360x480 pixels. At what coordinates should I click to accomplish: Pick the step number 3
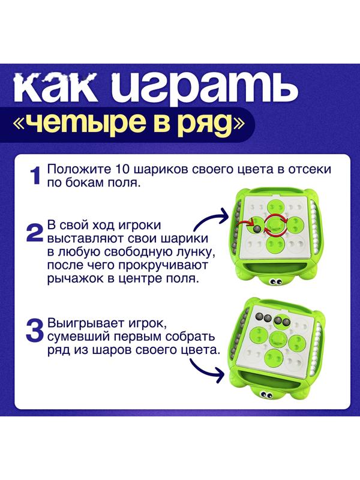34,329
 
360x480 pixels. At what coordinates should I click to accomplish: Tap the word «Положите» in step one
74,169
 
